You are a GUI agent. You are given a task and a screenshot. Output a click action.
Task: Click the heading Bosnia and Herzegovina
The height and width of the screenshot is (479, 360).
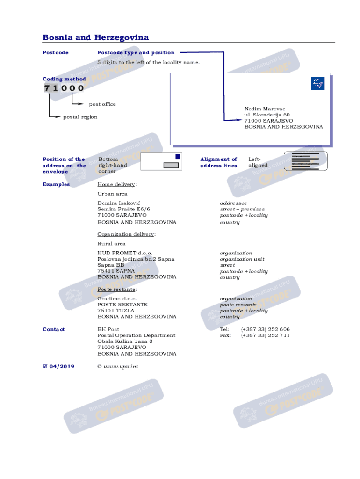pyautogui.click(x=95, y=37)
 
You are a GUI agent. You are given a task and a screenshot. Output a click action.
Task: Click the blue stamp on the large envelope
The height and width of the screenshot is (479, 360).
pyautogui.click(x=317, y=84)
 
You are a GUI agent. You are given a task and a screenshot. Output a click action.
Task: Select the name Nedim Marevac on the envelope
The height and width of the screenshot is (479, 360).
pyautogui.click(x=264, y=109)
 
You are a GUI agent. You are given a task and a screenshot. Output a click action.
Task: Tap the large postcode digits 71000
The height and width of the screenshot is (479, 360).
pyautogui.click(x=64, y=88)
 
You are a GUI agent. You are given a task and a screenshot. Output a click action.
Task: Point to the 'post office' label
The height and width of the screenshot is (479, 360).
pyautogui.click(x=102, y=104)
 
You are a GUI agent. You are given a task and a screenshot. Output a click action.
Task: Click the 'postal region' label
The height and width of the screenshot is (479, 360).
pyautogui.click(x=80, y=117)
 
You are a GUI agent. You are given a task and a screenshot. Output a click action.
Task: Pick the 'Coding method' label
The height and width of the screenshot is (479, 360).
pyautogui.click(x=64, y=79)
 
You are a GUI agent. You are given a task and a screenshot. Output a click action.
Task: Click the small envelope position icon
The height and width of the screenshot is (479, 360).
pyautogui.click(x=161, y=161)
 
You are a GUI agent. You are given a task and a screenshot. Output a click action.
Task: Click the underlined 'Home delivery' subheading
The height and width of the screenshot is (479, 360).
pyautogui.click(x=116, y=184)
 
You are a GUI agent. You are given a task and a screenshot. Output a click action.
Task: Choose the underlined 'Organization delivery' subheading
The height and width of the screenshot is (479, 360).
pyautogui.click(x=126, y=234)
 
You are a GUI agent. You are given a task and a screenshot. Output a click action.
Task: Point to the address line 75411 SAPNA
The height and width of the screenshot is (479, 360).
pyautogui.click(x=116, y=271)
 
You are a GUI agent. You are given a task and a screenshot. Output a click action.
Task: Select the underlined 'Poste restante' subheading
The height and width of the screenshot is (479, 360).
pyautogui.click(x=116, y=289)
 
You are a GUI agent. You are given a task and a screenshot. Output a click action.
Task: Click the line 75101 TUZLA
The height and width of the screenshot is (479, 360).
pyautogui.click(x=115, y=311)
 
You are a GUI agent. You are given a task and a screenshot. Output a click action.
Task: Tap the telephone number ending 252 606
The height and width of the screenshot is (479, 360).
pyautogui.click(x=265, y=329)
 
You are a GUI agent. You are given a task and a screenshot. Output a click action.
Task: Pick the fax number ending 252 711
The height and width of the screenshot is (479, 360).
pyautogui.click(x=265, y=335)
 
